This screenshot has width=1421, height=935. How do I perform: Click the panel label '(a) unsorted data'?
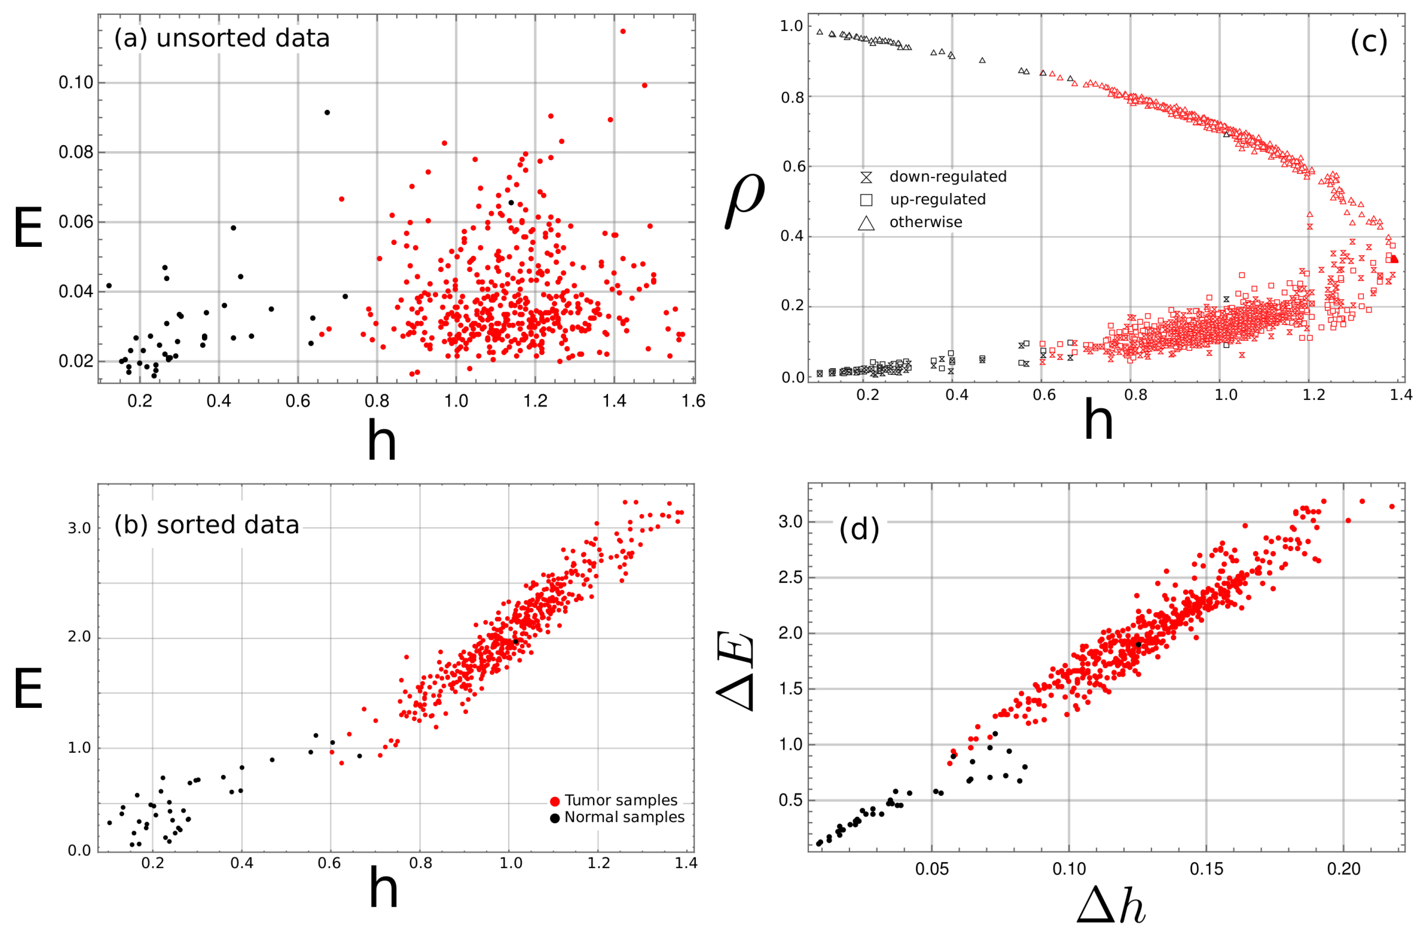point(222,38)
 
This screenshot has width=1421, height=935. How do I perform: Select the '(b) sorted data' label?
point(207,525)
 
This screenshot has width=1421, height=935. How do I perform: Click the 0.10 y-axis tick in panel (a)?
point(76,82)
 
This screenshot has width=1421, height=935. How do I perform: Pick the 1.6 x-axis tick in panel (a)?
point(693,400)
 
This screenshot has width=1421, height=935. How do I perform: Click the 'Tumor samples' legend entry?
point(620,800)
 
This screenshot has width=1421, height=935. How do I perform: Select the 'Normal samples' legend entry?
point(624,817)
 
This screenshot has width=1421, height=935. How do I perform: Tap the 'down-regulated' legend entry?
point(947,177)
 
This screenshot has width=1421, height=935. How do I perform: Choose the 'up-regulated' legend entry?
point(937,199)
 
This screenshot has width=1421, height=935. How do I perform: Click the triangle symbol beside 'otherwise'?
point(866,223)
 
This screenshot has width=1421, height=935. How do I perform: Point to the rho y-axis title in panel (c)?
point(745,200)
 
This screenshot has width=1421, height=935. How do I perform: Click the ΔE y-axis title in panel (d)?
point(736,672)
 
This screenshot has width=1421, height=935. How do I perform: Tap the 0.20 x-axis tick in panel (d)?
point(1343,869)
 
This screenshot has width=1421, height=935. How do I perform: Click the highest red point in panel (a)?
point(623,31)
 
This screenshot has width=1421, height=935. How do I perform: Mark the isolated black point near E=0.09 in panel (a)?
point(327,112)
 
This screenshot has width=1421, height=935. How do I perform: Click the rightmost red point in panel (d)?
point(1392,506)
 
